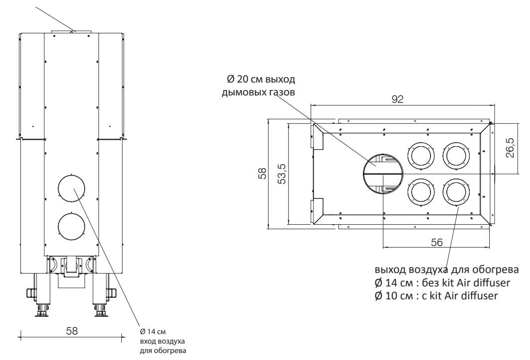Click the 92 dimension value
tap(398, 99)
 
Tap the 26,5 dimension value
tap(511, 147)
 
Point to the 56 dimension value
tap(437, 242)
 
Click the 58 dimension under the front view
tap(71, 331)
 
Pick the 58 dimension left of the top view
tap(262, 173)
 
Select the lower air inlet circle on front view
tap(72, 226)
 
